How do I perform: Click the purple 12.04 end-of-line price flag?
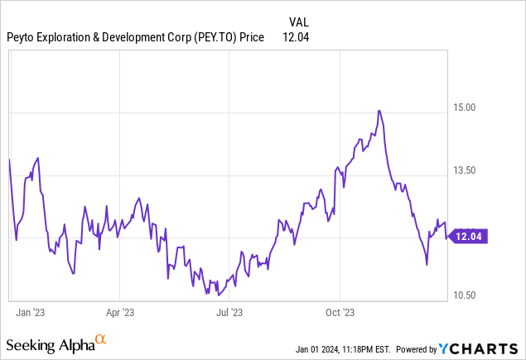470,237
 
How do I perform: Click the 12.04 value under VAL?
297,36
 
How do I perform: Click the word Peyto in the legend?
22,36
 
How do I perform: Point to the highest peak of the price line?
379,110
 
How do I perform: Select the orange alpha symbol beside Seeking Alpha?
100,340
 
